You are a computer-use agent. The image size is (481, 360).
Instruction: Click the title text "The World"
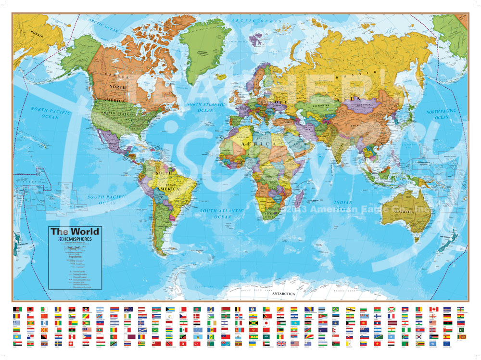(73, 231)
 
